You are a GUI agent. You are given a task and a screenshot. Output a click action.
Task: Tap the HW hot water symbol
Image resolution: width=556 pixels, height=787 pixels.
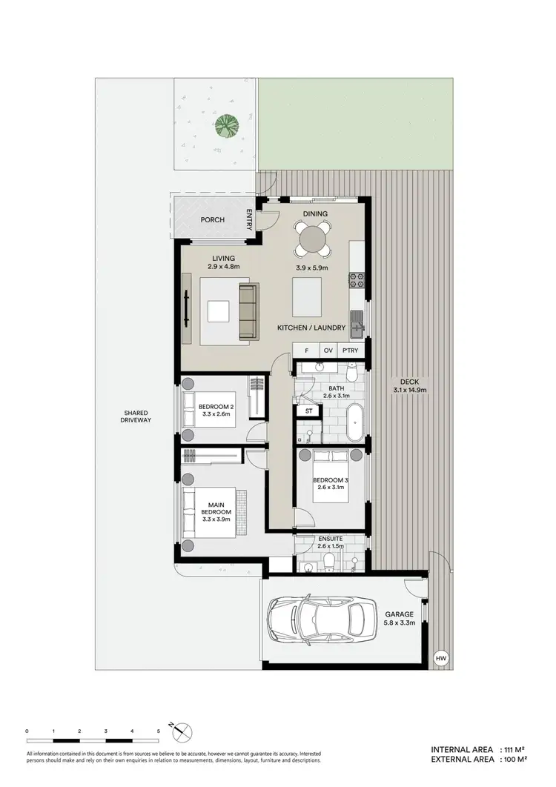[441, 657]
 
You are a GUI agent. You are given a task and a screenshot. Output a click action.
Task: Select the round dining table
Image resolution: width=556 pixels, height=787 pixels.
[314, 239]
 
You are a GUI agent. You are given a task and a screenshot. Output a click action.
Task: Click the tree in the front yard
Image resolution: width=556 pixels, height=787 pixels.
[228, 127]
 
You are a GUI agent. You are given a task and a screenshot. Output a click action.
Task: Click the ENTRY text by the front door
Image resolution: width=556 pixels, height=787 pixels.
[250, 219]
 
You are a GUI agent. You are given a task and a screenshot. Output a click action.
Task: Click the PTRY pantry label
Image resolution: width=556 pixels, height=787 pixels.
[349, 351]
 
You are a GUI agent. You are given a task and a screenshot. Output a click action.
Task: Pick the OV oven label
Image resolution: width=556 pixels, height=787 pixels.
[327, 351]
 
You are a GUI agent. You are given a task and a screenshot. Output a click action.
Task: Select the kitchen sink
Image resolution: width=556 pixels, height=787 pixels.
[357, 323]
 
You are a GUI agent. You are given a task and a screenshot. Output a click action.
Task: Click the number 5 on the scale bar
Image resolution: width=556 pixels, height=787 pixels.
[158, 731]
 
